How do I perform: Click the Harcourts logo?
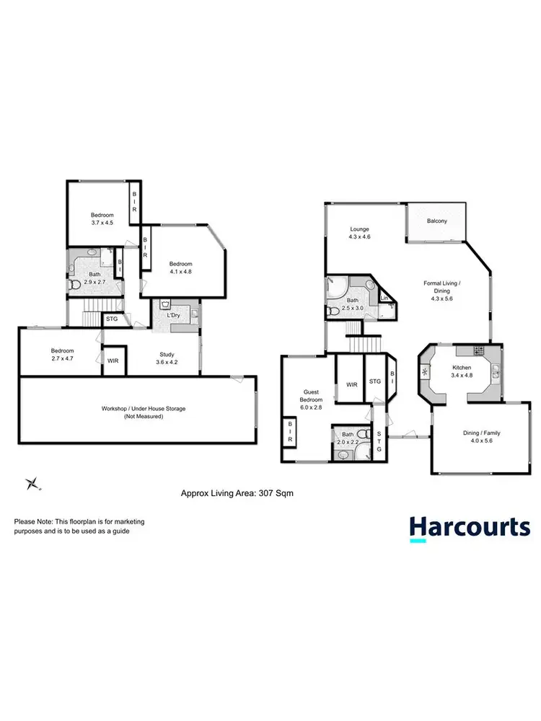[470, 527]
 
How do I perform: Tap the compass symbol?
[32, 484]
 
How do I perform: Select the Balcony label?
[437, 221]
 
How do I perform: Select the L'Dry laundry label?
[173, 317]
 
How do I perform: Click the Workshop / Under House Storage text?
[144, 409]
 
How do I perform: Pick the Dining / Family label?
[481, 433]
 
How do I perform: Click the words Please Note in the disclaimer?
[34, 521]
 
